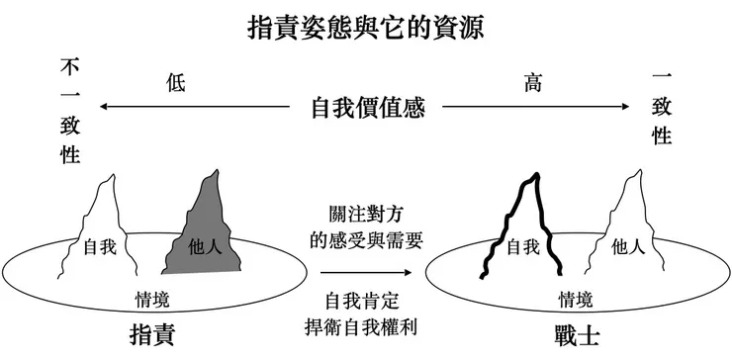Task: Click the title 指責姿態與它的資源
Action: pos(365,27)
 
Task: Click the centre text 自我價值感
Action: pos(367,107)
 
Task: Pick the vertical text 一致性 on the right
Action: pos(662,107)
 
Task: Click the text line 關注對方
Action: pos(366,213)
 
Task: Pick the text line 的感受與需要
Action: pos(366,238)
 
